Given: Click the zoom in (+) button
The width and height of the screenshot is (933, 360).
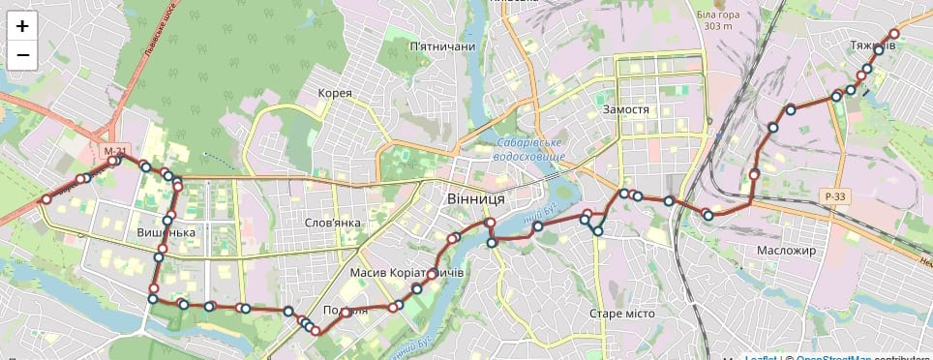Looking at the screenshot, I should point(22,26).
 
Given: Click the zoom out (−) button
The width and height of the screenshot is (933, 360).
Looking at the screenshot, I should point(22,56).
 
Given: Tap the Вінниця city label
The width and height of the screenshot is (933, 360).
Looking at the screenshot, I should point(475,197).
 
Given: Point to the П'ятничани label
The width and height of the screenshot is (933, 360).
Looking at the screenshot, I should point(442,46).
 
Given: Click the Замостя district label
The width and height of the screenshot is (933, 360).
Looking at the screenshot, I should point(625,109).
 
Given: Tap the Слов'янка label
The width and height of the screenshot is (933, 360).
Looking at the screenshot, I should point(333,223).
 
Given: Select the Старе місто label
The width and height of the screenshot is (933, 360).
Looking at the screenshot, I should point(622,314).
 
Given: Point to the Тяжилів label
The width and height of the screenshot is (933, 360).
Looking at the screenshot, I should point(873,45).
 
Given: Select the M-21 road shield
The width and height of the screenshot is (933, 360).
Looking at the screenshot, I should point(114,152).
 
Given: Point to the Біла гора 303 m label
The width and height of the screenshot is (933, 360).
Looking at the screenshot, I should point(719,20).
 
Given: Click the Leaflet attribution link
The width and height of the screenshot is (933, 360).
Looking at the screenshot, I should point(760,356).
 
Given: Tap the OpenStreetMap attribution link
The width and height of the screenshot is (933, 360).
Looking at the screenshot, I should point(833,356).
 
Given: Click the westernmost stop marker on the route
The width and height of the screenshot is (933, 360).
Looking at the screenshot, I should point(45,199).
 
